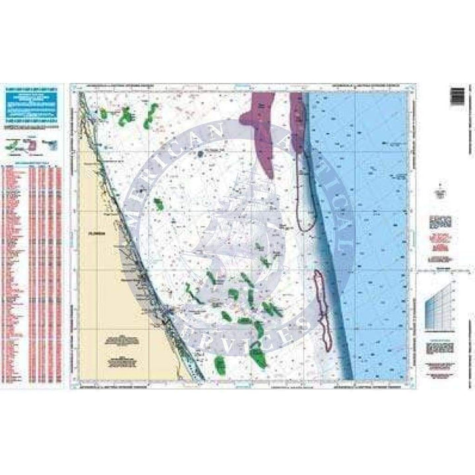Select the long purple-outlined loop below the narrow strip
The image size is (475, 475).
304,198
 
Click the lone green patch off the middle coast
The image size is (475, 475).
158,205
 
